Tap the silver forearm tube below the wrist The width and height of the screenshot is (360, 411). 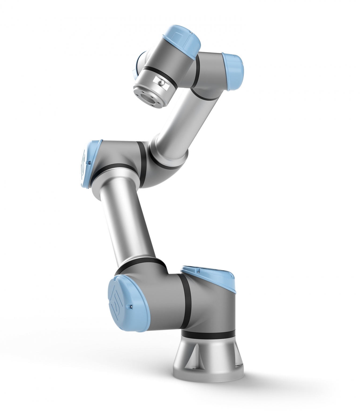tap(175, 126)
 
